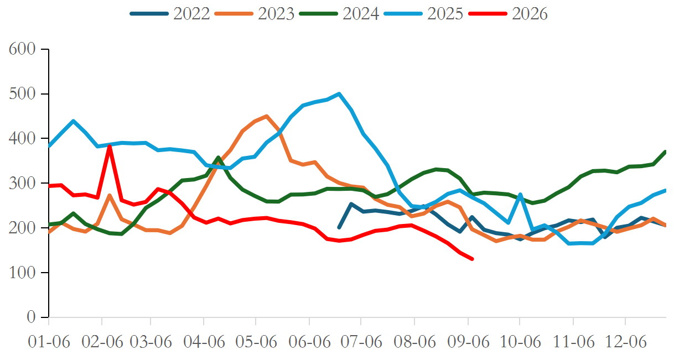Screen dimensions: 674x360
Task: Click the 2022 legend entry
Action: (x=170, y=13)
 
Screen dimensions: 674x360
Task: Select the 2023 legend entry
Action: (x=255, y=13)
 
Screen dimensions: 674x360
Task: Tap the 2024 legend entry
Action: (x=339, y=13)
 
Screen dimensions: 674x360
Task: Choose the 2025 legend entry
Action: (x=424, y=13)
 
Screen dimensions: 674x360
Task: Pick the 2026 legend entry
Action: (x=508, y=13)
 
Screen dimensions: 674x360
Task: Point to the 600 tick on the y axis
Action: (x=22, y=49)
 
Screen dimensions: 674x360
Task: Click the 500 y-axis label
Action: (x=22, y=94)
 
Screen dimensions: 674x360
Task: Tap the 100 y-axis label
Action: (x=22, y=273)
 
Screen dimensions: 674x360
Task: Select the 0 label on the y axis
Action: (x=31, y=317)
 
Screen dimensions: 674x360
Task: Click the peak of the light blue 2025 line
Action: (x=339, y=94)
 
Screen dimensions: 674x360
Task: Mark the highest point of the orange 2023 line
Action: (x=267, y=116)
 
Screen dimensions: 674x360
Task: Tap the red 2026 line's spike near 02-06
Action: (x=110, y=146)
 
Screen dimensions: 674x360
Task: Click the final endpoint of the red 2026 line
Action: (x=472, y=259)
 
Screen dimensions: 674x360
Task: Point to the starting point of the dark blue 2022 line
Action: (x=339, y=227)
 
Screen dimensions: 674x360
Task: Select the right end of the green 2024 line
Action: (x=665, y=152)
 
